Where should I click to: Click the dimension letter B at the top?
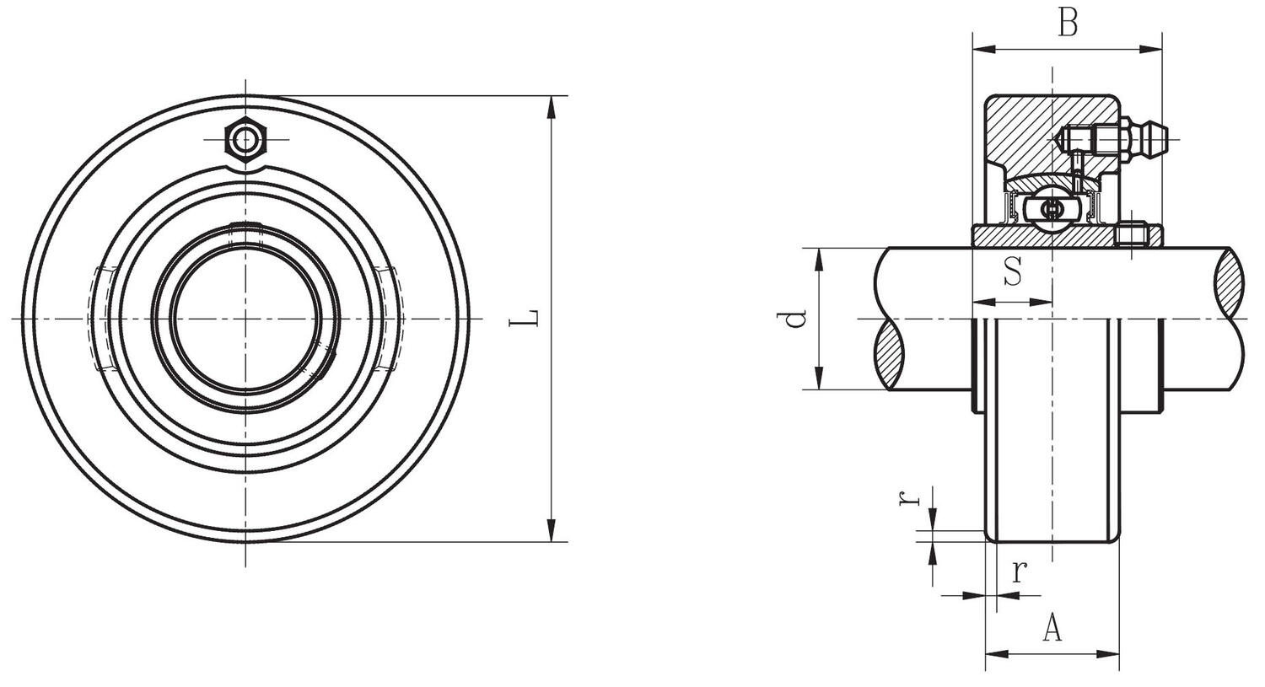tap(1068, 23)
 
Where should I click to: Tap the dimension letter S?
tap(1013, 271)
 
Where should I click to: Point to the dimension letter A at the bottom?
tap(1052, 628)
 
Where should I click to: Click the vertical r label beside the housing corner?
tap(909, 497)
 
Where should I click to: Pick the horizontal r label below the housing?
tap(1019, 572)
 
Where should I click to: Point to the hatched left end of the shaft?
tap(892, 349)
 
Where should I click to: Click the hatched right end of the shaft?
tap(1229, 278)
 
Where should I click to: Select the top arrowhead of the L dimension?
tap(552, 106)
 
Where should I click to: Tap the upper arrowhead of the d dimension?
tap(819, 258)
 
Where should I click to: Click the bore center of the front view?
tap(246, 319)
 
